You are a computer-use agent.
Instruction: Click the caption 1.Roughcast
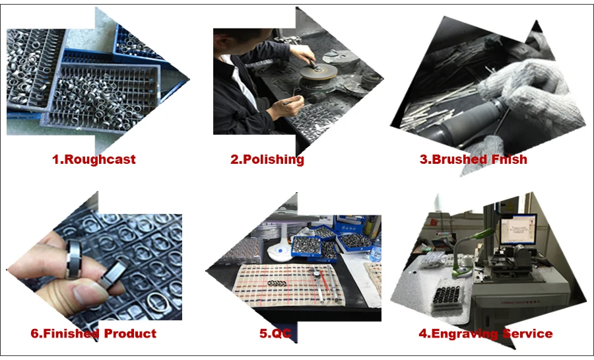pos(94,159)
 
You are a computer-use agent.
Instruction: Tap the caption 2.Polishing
pos(267,160)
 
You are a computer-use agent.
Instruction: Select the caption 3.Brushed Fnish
pos(473,159)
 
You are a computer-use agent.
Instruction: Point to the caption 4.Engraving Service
pos(485,334)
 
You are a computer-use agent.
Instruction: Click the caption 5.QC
pos(275,334)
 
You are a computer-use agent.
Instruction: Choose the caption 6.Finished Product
pos(94,334)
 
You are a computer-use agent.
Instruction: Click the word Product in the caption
pos(130,334)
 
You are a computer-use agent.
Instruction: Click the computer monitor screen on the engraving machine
pos(518,229)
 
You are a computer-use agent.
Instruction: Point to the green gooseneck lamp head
pos(482,233)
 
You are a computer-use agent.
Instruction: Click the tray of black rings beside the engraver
pos(447,297)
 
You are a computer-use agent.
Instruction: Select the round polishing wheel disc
pos(318,71)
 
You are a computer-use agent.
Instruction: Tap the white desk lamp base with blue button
pos(280,253)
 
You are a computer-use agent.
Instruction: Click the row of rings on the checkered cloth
pos(277,283)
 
